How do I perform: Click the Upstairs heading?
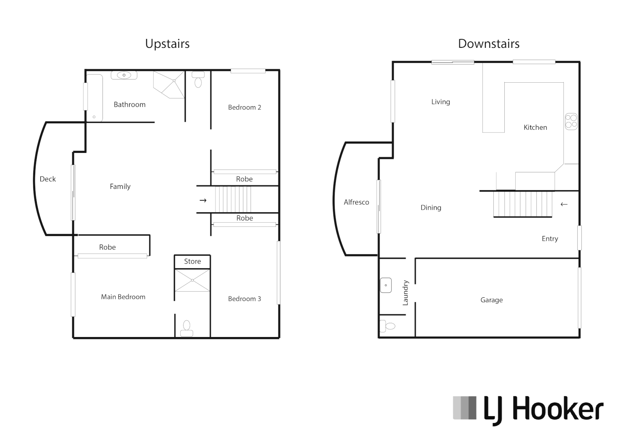pos(167,44)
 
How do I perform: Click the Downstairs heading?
pos(489,44)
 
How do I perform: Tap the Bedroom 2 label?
pos(244,107)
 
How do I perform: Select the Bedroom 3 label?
pos(244,299)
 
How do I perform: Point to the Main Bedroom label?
pos(123,297)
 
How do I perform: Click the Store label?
pos(192,262)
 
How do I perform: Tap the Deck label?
pos(48,179)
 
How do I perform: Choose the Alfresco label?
pos(356,202)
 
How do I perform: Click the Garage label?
pos(491,300)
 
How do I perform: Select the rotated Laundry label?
pos(406,293)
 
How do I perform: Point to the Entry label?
pos(550,239)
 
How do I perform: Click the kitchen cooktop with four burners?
pos(571,121)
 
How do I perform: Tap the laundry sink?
pos(386,285)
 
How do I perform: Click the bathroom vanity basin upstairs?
pos(124,75)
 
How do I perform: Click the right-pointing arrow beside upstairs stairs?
pos(203,200)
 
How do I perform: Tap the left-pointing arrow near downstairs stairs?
pos(564,204)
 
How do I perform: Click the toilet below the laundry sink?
pos(388,326)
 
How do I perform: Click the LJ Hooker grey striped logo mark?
pos(465,408)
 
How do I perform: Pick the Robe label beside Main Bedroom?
pos(107,247)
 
